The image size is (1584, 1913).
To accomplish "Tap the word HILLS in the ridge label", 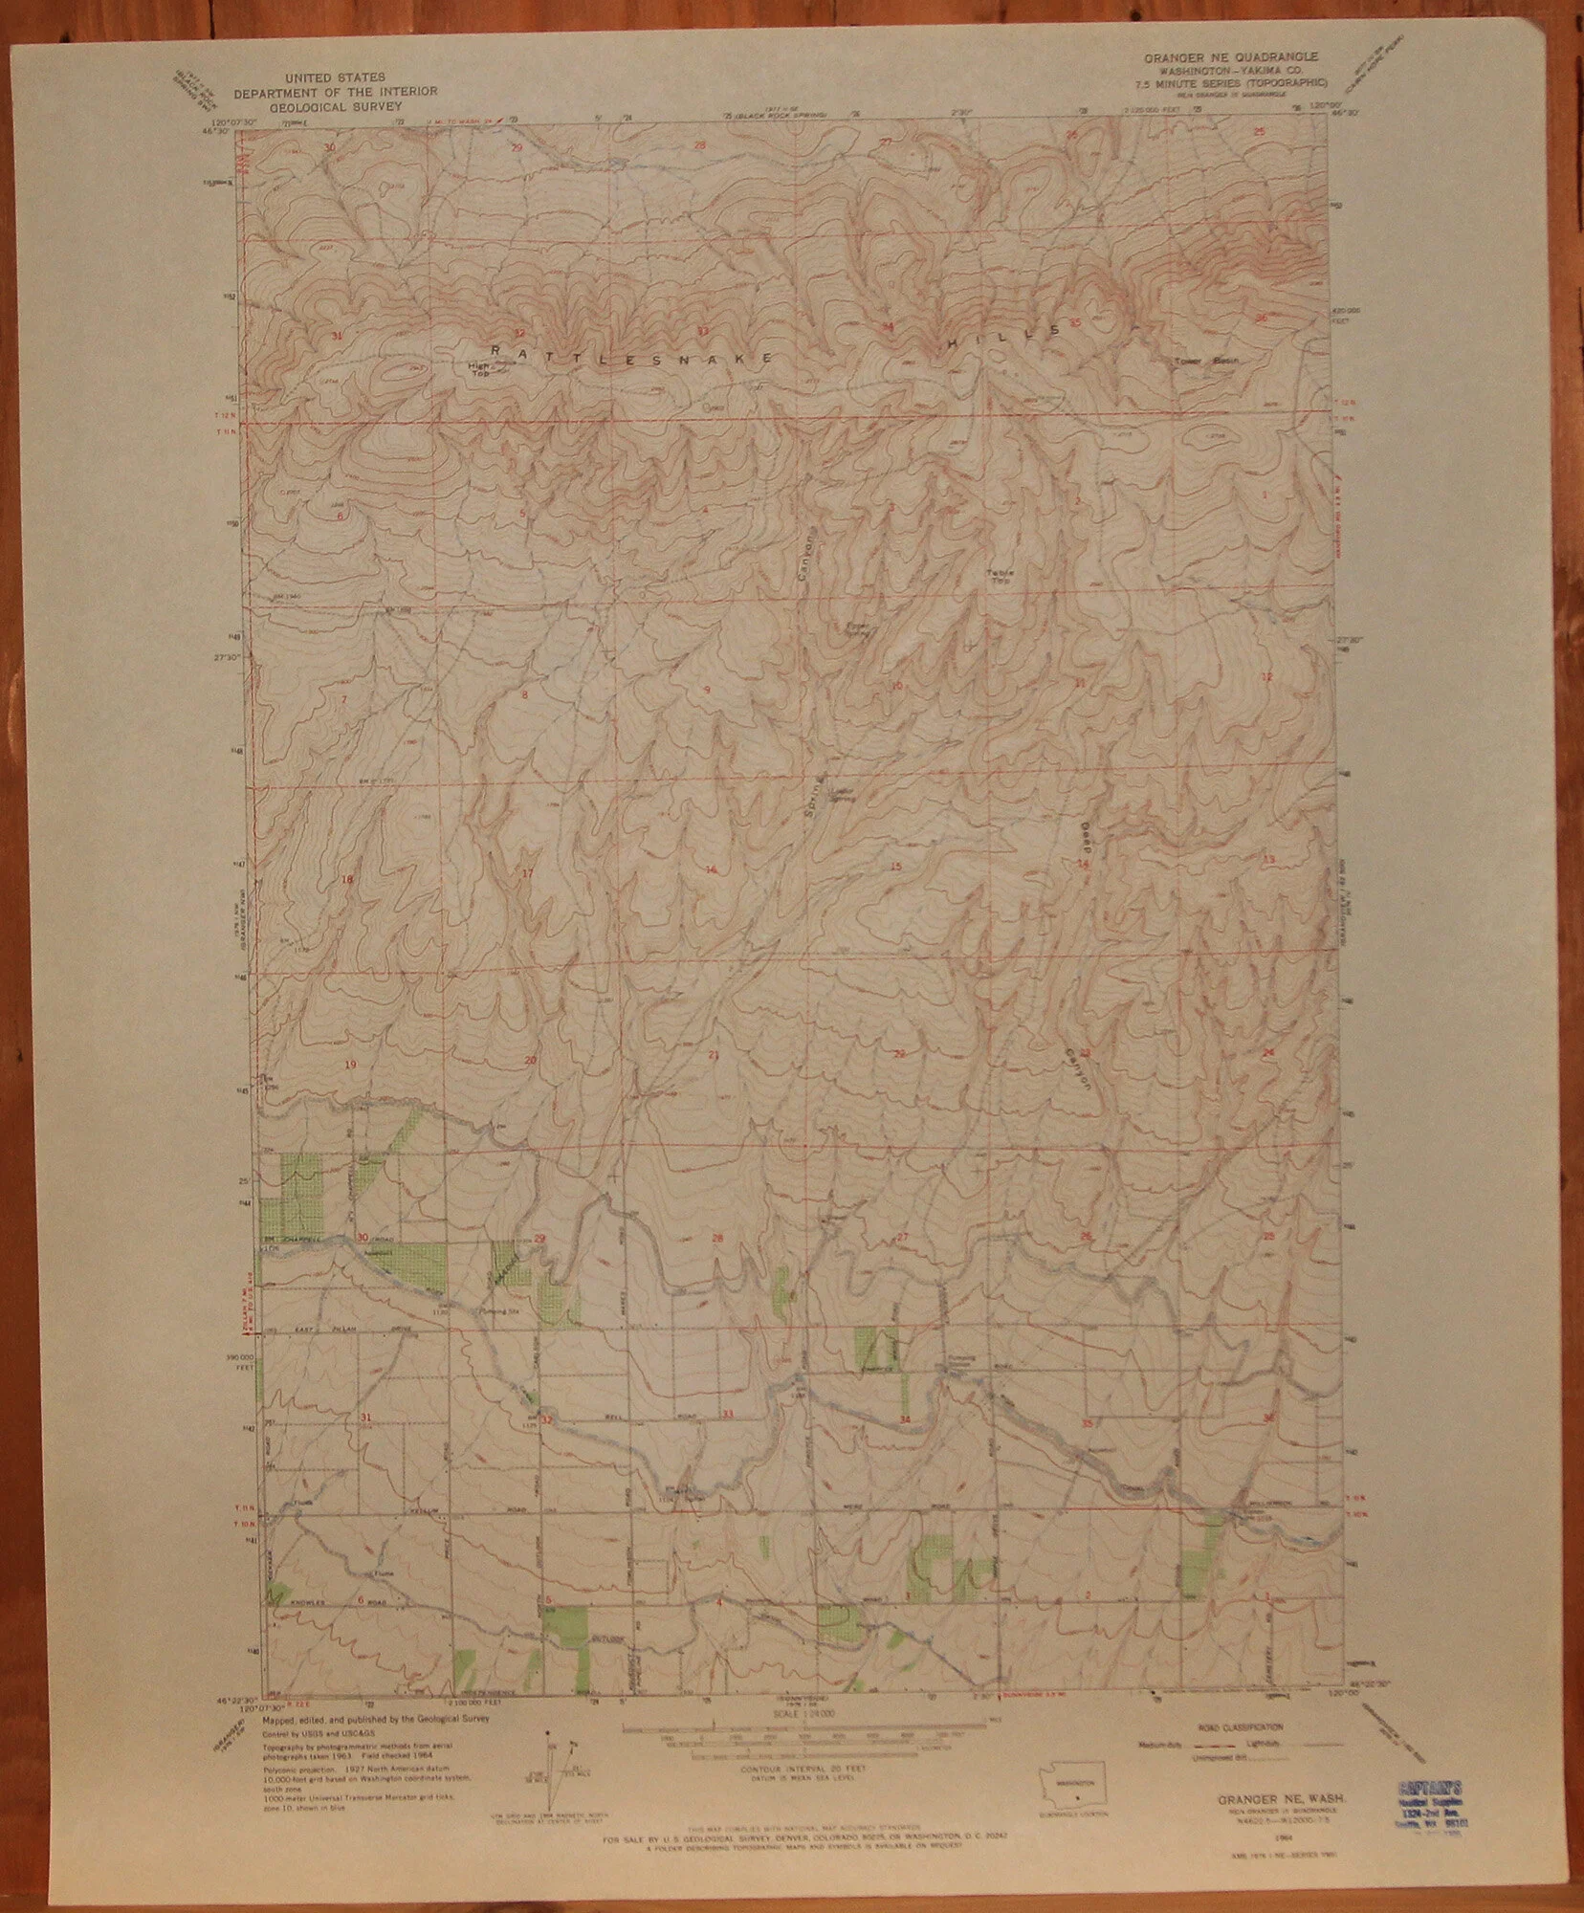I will [x=1004, y=330].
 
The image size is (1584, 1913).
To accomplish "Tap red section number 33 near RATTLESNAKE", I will [x=703, y=331].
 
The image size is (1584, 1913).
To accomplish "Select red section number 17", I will [x=526, y=873].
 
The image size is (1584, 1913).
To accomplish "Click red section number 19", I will [x=350, y=1065].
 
